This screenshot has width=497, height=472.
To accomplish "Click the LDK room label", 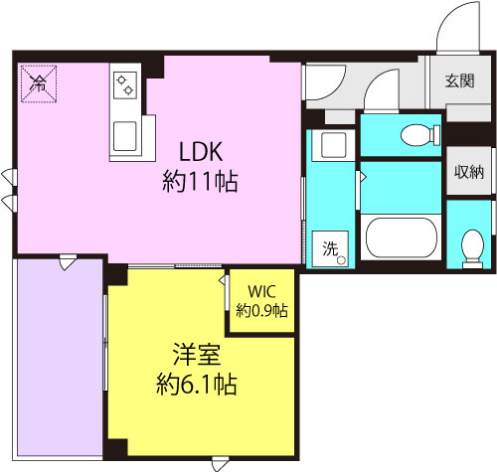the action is [201, 152].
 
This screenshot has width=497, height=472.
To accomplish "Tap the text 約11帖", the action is [200, 181].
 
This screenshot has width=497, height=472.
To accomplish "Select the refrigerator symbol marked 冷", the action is [39, 83].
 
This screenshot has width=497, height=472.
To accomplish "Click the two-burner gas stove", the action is [125, 85].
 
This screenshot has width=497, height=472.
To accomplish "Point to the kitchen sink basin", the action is [125, 136].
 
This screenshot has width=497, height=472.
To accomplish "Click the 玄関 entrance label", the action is [459, 80].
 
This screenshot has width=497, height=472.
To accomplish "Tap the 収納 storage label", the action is [469, 172].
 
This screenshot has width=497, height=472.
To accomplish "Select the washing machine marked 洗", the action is [330, 249].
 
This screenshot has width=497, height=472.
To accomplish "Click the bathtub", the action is [402, 237].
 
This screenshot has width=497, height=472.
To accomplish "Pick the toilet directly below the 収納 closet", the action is [472, 248].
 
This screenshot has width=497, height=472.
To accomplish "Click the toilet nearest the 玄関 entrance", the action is [420, 135].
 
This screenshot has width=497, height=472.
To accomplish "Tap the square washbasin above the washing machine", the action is [334, 145].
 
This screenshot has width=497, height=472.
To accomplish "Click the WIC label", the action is [261, 291].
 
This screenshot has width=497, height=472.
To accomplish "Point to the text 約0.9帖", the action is [261, 311].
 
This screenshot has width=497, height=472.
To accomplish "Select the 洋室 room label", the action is [197, 354].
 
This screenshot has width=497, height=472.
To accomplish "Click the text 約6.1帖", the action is [197, 384].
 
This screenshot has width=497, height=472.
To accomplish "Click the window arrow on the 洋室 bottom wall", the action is [220, 464].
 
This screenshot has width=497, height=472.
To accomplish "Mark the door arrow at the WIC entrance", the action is [224, 280].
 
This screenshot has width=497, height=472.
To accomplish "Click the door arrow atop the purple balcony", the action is [68, 262].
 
